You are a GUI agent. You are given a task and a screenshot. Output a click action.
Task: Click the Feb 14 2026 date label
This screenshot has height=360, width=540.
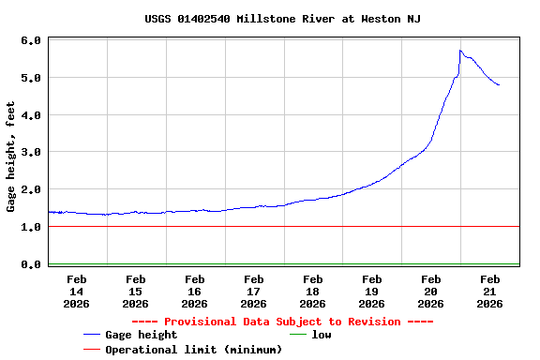(x=77, y=291)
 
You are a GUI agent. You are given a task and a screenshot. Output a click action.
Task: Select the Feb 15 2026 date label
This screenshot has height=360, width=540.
(x=136, y=291)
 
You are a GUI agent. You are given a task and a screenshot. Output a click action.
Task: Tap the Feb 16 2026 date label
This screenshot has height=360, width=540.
(x=195, y=291)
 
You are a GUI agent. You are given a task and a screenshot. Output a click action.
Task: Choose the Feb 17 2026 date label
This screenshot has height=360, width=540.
(x=254, y=291)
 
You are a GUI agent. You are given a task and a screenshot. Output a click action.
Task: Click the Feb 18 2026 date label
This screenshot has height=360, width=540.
(x=313, y=291)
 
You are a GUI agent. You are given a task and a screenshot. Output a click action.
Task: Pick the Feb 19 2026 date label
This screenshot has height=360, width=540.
(x=372, y=291)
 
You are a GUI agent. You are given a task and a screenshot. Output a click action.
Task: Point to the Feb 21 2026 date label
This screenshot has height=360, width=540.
(x=490, y=291)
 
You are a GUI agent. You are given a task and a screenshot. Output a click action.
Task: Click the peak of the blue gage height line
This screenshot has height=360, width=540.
(x=460, y=51)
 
